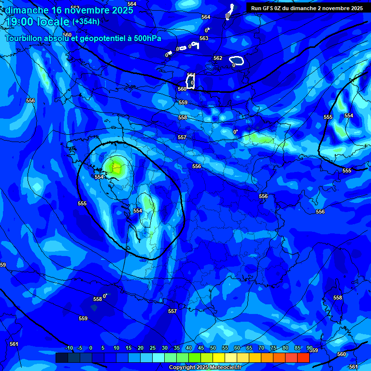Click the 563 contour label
204,38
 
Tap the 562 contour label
218,58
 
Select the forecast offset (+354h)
86,21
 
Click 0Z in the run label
281,8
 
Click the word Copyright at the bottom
181,368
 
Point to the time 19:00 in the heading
19,22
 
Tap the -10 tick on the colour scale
69,348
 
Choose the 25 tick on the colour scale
153,348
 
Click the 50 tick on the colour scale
213,348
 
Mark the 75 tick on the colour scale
273,348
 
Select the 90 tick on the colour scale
309,348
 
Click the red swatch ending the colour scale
303,357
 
